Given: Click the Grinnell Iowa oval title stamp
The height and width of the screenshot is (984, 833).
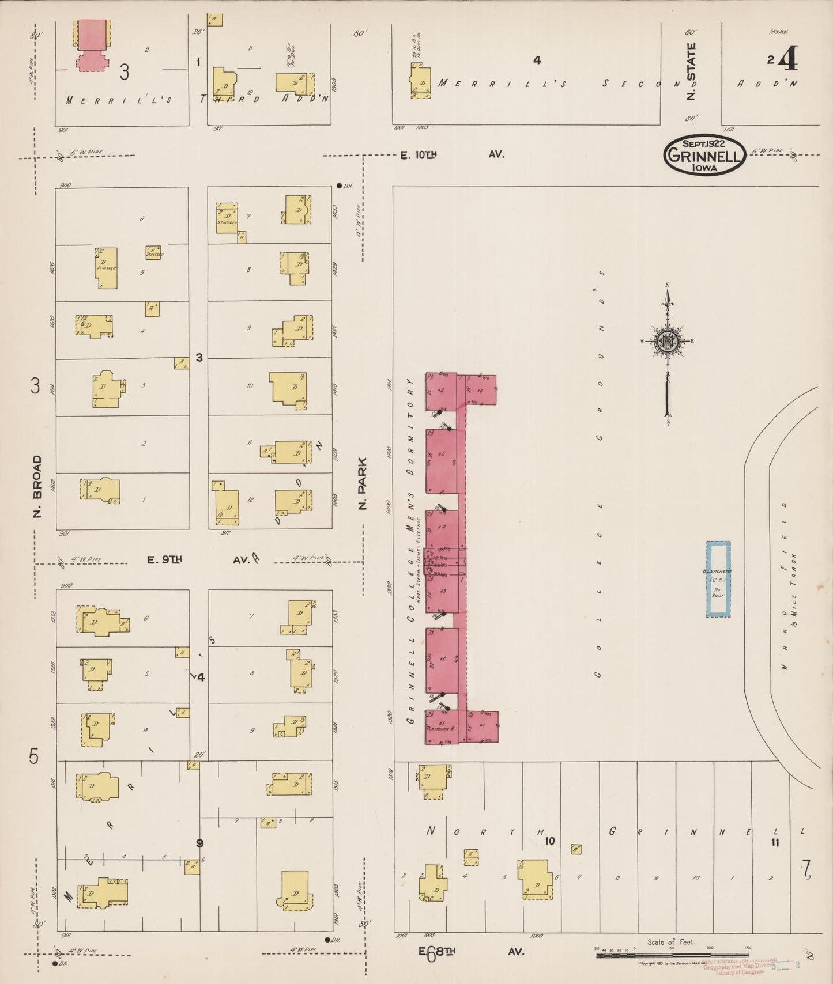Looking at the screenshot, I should click(704, 154).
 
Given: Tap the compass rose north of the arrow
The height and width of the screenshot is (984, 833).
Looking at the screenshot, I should click(668, 340).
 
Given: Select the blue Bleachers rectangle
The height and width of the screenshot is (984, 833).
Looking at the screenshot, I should click(718, 579).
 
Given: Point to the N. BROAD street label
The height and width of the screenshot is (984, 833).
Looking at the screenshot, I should click(37, 486).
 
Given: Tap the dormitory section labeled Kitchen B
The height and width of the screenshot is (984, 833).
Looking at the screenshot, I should click(442, 726).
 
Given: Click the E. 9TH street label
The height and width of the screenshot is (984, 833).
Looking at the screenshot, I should click(165, 559).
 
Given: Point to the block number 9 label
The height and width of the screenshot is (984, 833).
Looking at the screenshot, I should click(199, 843).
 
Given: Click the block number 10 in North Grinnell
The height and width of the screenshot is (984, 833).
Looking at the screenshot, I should click(549, 841).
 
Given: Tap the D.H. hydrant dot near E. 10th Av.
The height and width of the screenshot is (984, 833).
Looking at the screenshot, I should click(339, 186).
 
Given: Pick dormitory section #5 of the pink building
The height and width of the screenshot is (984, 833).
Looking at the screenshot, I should click(442, 461).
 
